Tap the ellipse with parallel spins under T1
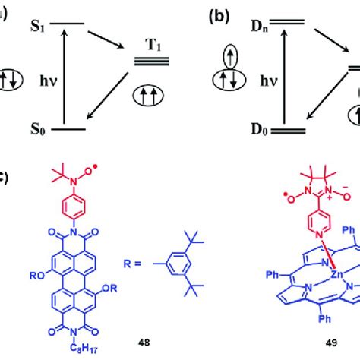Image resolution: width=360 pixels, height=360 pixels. pyautogui.click(x=152, y=96)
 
